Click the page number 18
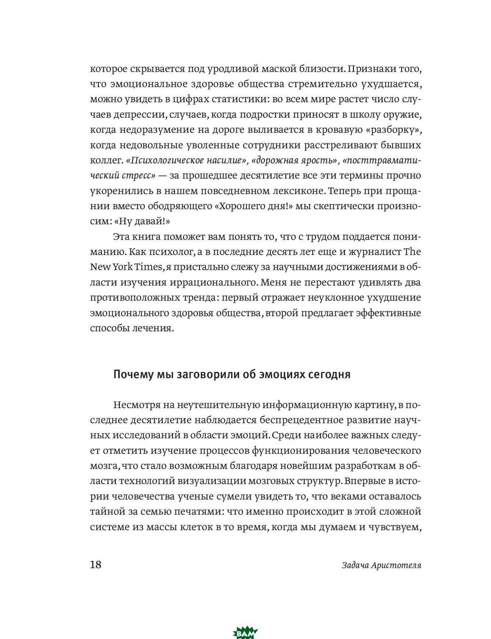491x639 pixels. (96, 565)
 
